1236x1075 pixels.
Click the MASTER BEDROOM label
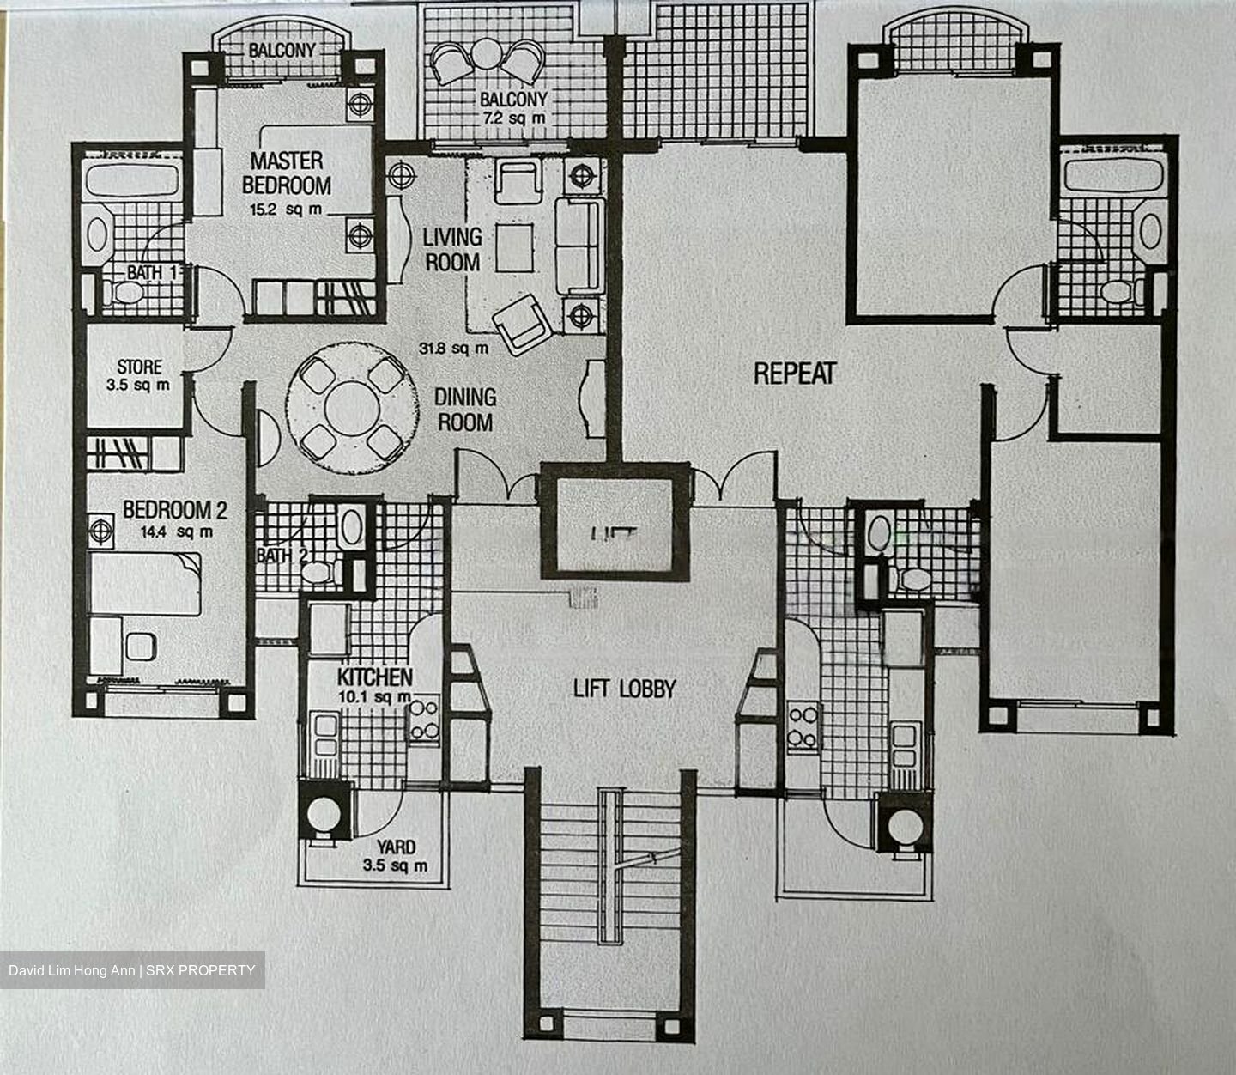(286, 173)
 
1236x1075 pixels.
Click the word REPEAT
(794, 374)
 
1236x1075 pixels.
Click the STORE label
(139, 367)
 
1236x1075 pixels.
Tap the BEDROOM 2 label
(174, 510)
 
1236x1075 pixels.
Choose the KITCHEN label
(374, 677)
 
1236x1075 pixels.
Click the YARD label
(396, 847)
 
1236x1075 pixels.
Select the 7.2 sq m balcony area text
(513, 118)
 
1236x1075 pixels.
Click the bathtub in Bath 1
(132, 182)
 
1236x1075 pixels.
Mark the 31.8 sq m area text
(453, 349)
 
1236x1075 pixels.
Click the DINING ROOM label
(464, 410)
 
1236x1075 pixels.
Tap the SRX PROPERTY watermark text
(200, 970)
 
